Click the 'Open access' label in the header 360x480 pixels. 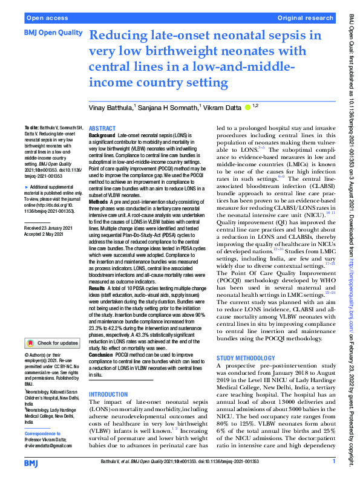(46, 19)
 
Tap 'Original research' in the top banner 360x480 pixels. (305, 19)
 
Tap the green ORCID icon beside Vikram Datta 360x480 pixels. (247, 107)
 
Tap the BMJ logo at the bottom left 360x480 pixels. (36, 464)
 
